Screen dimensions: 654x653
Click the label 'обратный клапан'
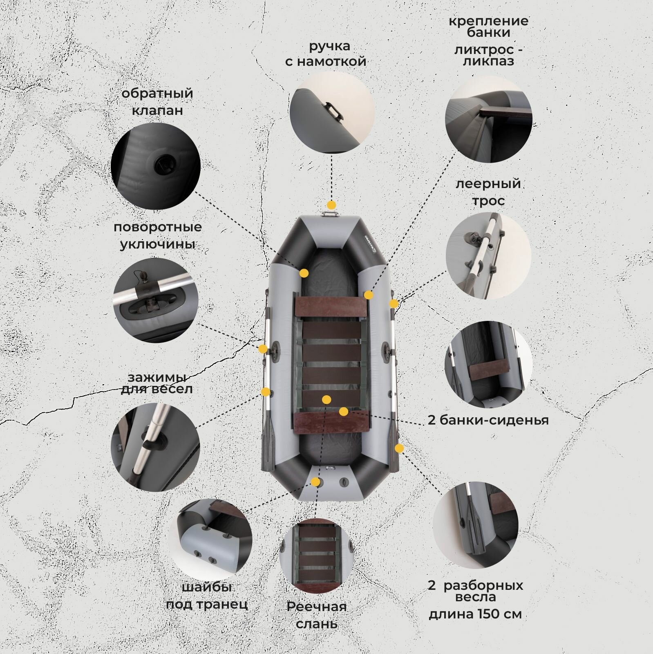click(x=157, y=102)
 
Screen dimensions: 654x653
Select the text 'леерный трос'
click(x=488, y=192)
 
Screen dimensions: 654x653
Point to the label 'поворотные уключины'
click(x=158, y=235)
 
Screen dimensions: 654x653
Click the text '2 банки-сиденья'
click(x=488, y=420)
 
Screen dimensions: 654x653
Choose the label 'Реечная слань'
click(x=317, y=615)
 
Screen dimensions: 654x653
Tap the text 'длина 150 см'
click(x=475, y=614)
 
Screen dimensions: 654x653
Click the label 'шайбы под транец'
click(x=207, y=596)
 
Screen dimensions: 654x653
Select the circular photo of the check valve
click(x=156, y=165)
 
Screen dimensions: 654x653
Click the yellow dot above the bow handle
click(x=331, y=205)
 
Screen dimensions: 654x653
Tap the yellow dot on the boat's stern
click(x=315, y=482)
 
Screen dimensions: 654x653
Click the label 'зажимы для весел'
click(x=157, y=383)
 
